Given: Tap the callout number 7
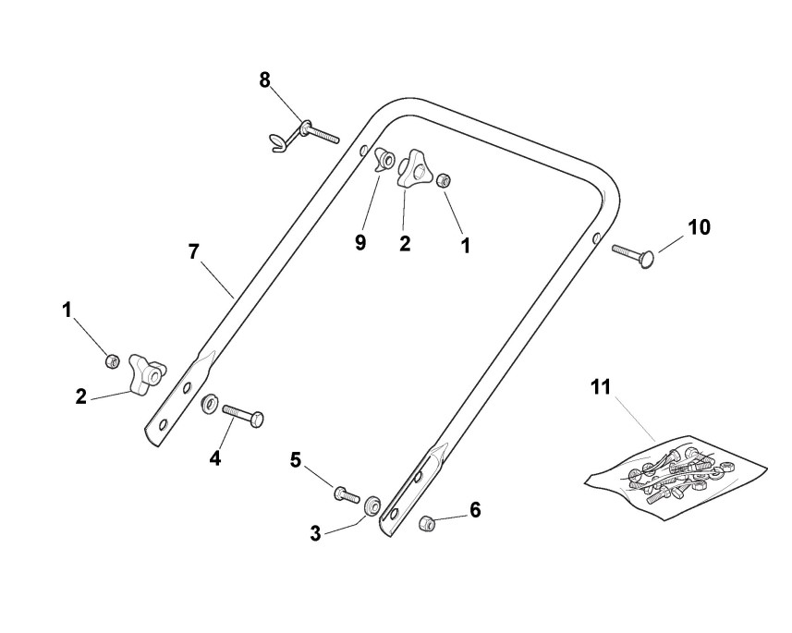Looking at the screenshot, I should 194,251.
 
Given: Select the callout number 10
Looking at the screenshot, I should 700,226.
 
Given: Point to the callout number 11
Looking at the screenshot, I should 602,387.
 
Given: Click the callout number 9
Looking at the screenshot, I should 360,242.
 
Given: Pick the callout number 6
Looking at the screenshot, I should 475,509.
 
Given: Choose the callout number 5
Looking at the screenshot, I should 296,458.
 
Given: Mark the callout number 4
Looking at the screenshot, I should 214,456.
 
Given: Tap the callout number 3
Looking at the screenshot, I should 316,533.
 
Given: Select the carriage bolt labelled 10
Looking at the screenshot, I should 632,252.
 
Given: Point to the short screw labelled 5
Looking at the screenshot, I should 347,493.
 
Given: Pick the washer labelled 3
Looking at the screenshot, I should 372,505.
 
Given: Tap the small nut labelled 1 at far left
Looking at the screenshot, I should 113,359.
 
